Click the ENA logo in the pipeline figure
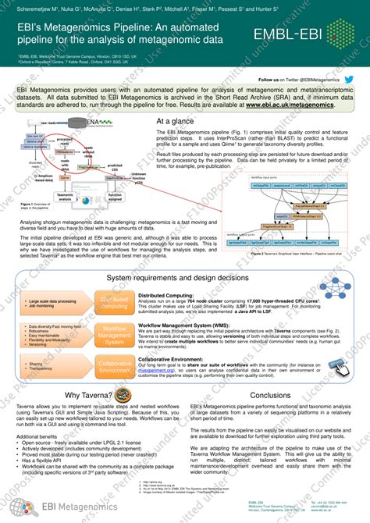click(x=93, y=122)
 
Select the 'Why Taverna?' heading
click(x=76, y=396)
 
